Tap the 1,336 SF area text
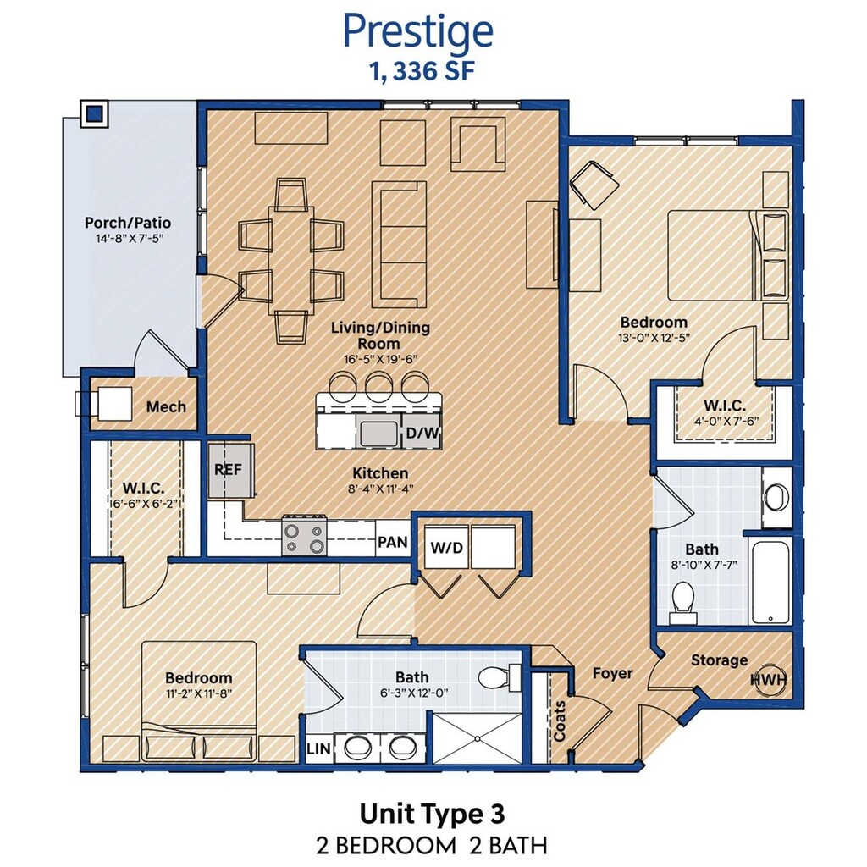[423, 71]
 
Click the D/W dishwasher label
[422, 433]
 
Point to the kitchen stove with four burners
[304, 535]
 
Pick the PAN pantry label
[393, 542]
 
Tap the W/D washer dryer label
[446, 548]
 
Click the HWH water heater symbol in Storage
[769, 678]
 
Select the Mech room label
[166, 407]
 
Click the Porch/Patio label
[128, 223]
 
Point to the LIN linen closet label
[318, 748]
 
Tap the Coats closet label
[560, 721]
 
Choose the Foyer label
[612, 673]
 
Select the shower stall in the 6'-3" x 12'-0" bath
[477, 738]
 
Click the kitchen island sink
[378, 433]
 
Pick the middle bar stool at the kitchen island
[378, 384]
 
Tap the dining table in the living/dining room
[291, 261]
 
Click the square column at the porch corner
[95, 114]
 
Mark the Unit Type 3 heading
[433, 814]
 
